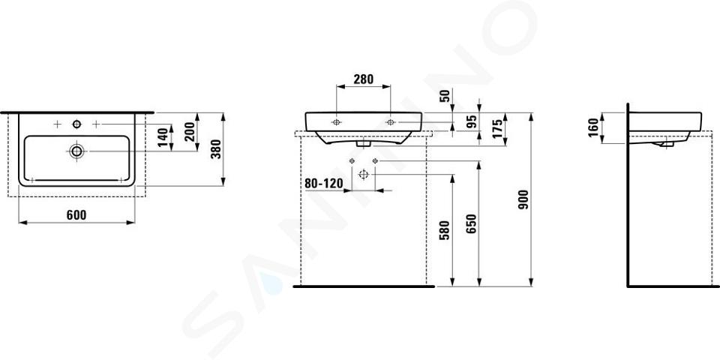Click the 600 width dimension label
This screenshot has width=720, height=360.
pyautogui.click(x=76, y=215)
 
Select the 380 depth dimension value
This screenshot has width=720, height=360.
pyautogui.click(x=216, y=149)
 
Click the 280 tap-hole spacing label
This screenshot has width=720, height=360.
pyautogui.click(x=363, y=79)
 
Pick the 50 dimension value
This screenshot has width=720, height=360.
pyautogui.click(x=443, y=97)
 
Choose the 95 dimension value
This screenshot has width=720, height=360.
pyautogui.click(x=472, y=121)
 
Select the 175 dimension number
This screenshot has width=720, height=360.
pyautogui.click(x=498, y=129)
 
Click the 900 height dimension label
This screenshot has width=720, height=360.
pyautogui.click(x=523, y=199)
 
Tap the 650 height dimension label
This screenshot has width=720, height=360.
pyautogui.click(x=472, y=223)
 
